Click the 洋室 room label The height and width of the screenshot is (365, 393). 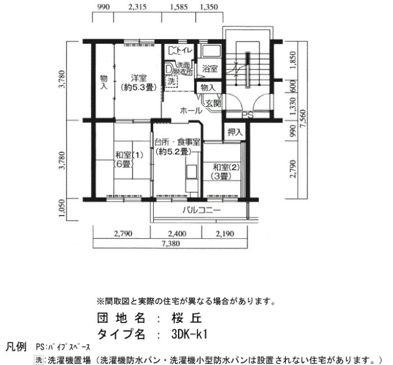click(139, 79)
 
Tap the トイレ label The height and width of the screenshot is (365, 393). click(184, 50)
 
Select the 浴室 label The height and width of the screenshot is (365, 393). click(209, 69)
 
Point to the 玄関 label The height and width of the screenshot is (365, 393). click(213, 103)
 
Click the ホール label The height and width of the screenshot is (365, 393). click(191, 111)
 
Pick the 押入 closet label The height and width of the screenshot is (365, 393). click(235, 132)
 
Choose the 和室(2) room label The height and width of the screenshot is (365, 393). click(226, 167)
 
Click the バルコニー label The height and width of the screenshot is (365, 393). click(202, 210)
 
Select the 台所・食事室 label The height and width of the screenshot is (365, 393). click(177, 143)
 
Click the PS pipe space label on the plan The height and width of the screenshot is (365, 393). click(248, 115)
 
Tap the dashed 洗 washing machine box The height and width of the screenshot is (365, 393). click(171, 81)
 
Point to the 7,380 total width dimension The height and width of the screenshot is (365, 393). click(170, 243)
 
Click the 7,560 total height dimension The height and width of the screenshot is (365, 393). click(303, 119)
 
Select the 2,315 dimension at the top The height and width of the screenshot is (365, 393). click(137, 7)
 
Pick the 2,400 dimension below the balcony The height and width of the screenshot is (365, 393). click(177, 234)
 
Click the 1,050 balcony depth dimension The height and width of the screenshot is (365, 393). click(62, 208)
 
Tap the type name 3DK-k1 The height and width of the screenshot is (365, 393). click(190, 334)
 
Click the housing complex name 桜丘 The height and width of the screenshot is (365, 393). click(187, 318)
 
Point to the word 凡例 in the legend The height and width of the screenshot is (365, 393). click(16, 348)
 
